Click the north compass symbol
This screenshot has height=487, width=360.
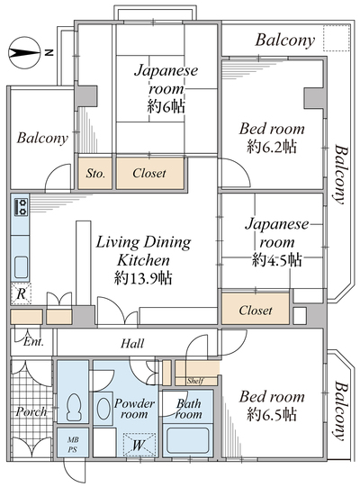[x=25, y=53]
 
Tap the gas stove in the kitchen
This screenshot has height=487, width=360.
[x=22, y=207]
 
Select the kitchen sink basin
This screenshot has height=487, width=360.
[x=22, y=266]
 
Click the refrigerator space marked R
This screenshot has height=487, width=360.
[x=21, y=293]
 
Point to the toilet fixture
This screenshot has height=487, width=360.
[x=73, y=407]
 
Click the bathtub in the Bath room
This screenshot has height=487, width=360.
[x=187, y=440]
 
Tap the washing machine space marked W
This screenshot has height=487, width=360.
[x=139, y=445]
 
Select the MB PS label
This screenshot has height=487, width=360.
[x=73, y=445]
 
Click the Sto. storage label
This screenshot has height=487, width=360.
[x=95, y=174]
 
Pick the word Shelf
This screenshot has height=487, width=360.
[x=195, y=381]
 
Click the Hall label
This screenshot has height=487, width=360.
[x=132, y=344]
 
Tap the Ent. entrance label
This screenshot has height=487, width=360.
[x=33, y=342]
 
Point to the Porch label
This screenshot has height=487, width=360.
[x=31, y=411]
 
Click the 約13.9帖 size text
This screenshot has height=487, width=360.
[x=143, y=278]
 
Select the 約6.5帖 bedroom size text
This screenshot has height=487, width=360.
[x=272, y=414]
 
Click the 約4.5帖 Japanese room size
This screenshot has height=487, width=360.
[x=276, y=259]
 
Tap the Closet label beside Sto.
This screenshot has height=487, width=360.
[x=149, y=173]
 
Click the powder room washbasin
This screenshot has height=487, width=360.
[x=103, y=409]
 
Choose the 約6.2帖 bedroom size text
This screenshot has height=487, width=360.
[x=272, y=147]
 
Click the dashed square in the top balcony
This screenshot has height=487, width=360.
[x=337, y=38]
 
